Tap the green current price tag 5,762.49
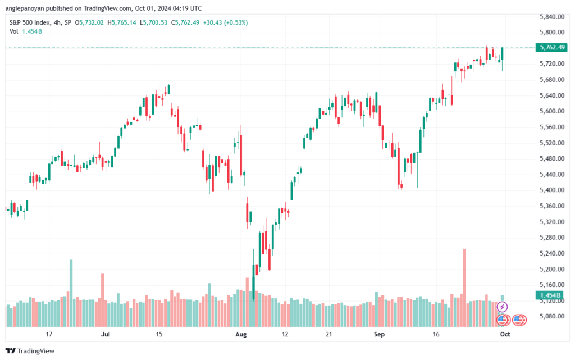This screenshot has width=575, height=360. point(551,48)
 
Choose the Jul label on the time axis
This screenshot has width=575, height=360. point(105,334)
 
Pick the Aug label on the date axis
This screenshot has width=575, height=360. point(241,334)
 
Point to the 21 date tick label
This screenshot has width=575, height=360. point(329,334)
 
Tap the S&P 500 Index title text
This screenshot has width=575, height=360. point(29,22)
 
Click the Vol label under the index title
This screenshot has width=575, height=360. point(14,31)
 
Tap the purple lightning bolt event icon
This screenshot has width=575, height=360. point(503,307)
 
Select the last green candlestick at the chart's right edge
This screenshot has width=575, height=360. point(502,54)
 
